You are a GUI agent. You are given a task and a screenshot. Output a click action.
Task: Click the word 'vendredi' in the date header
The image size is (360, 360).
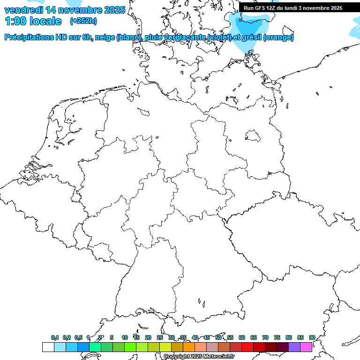click(23, 9)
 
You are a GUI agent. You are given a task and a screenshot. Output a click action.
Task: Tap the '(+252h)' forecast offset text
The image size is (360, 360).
click(83, 21)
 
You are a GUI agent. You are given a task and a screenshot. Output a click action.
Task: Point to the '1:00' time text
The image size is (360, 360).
click(15, 21)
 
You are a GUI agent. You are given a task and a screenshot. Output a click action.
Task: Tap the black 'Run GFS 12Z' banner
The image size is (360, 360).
click(292, 7)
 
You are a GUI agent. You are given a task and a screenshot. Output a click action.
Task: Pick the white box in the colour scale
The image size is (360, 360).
click(48, 347)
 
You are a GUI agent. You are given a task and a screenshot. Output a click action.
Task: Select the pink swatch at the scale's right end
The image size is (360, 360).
click(306, 347)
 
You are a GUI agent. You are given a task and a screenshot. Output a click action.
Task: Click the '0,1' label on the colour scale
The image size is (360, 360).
click(55, 338)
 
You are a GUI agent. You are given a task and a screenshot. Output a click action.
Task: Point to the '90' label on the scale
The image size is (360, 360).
click(312, 338)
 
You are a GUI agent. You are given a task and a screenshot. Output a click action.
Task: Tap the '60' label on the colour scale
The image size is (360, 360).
click(242, 338)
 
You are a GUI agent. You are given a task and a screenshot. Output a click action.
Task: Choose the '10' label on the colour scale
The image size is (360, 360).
click(125, 338)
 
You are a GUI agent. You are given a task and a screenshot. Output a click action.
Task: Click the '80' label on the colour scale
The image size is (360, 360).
click(289, 338)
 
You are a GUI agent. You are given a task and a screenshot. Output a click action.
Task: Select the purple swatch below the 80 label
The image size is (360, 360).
click(294, 347)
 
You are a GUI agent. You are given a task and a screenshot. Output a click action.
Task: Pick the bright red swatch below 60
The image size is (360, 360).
click(247, 347)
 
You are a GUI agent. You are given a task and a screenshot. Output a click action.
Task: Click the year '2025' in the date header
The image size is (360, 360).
click(112, 9)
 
